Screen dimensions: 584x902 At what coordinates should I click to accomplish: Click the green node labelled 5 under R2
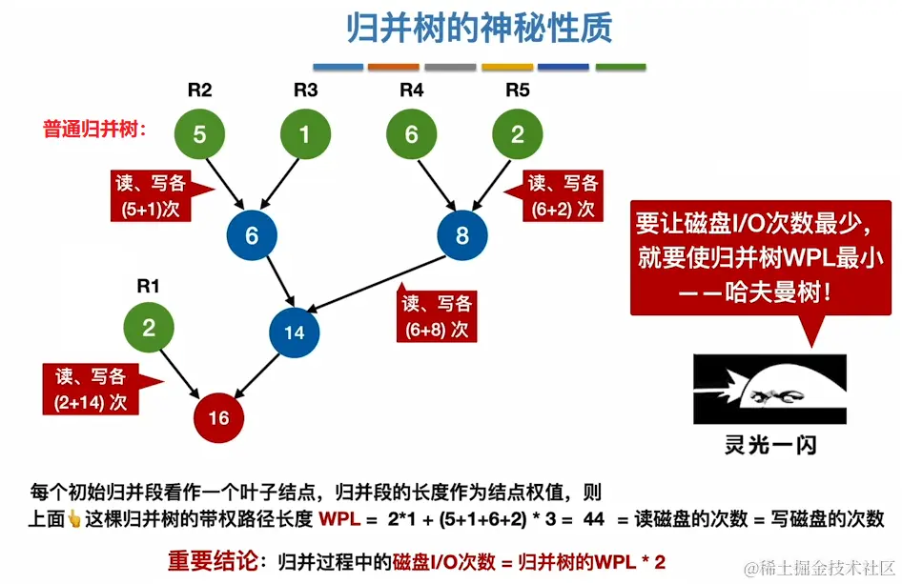199,134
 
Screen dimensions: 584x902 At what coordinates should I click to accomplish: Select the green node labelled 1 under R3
304,134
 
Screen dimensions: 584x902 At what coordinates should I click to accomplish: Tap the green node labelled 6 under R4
411,134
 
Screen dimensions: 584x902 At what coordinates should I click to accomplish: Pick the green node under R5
517,134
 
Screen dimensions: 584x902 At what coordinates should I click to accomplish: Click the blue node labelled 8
462,235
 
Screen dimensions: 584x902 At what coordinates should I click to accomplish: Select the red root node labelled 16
218,417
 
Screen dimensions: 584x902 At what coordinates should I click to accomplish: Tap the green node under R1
148,329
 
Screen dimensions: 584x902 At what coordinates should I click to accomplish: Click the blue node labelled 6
252,235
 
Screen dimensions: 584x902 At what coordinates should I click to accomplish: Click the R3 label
305,91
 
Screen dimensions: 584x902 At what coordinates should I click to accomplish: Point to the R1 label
148,285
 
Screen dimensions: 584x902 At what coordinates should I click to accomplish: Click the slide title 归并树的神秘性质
479,29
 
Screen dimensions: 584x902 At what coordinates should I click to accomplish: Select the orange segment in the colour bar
394,68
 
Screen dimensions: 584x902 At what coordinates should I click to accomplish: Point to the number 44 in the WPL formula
594,520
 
